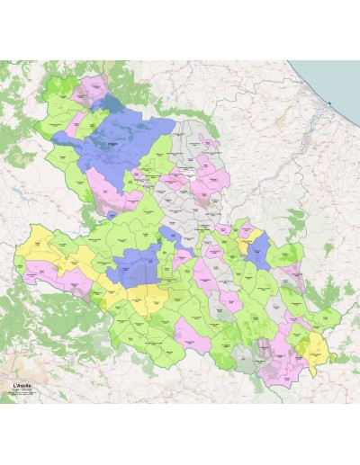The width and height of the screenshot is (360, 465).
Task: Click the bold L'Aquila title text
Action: (24, 386)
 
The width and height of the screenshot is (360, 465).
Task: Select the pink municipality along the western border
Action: (40, 268)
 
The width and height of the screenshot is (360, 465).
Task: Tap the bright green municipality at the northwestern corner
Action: (56, 90)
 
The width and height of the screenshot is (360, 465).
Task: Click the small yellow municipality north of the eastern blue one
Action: (256, 236)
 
